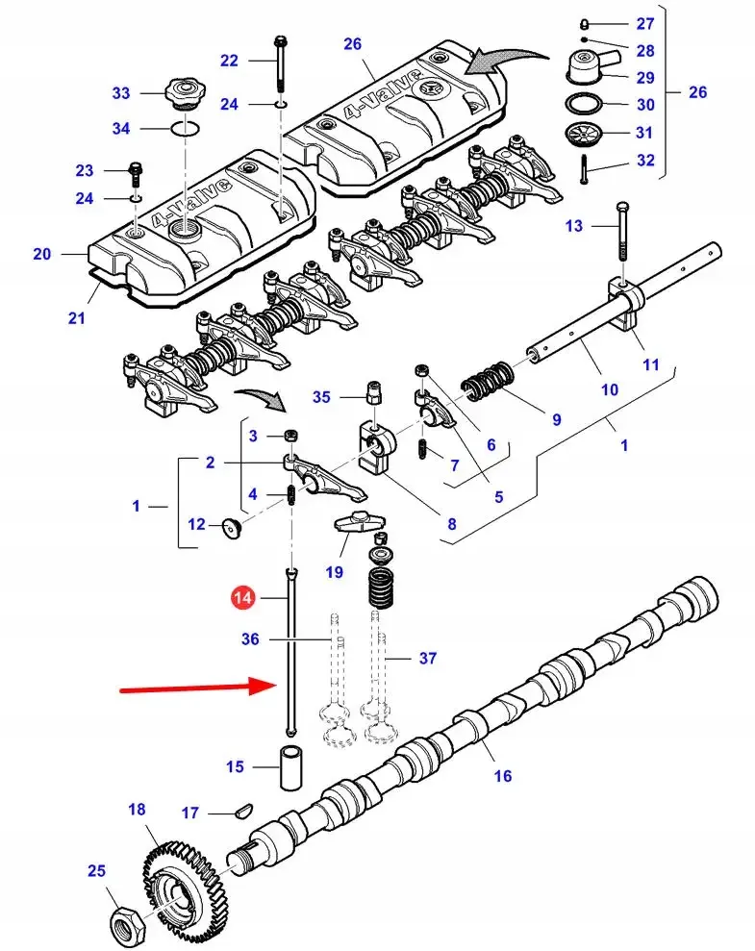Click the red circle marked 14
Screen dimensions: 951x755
coord(243,598)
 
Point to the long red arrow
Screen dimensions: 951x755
coord(192,688)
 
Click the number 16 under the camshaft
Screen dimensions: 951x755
coord(502,776)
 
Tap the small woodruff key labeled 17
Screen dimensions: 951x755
coord(241,813)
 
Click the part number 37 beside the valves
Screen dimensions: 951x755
coord(427,659)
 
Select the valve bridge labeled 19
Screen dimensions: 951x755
coord(356,524)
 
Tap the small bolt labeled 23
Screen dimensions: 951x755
coord(136,172)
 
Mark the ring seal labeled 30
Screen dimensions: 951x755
coord(584,104)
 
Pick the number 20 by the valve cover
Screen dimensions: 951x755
coord(41,254)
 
